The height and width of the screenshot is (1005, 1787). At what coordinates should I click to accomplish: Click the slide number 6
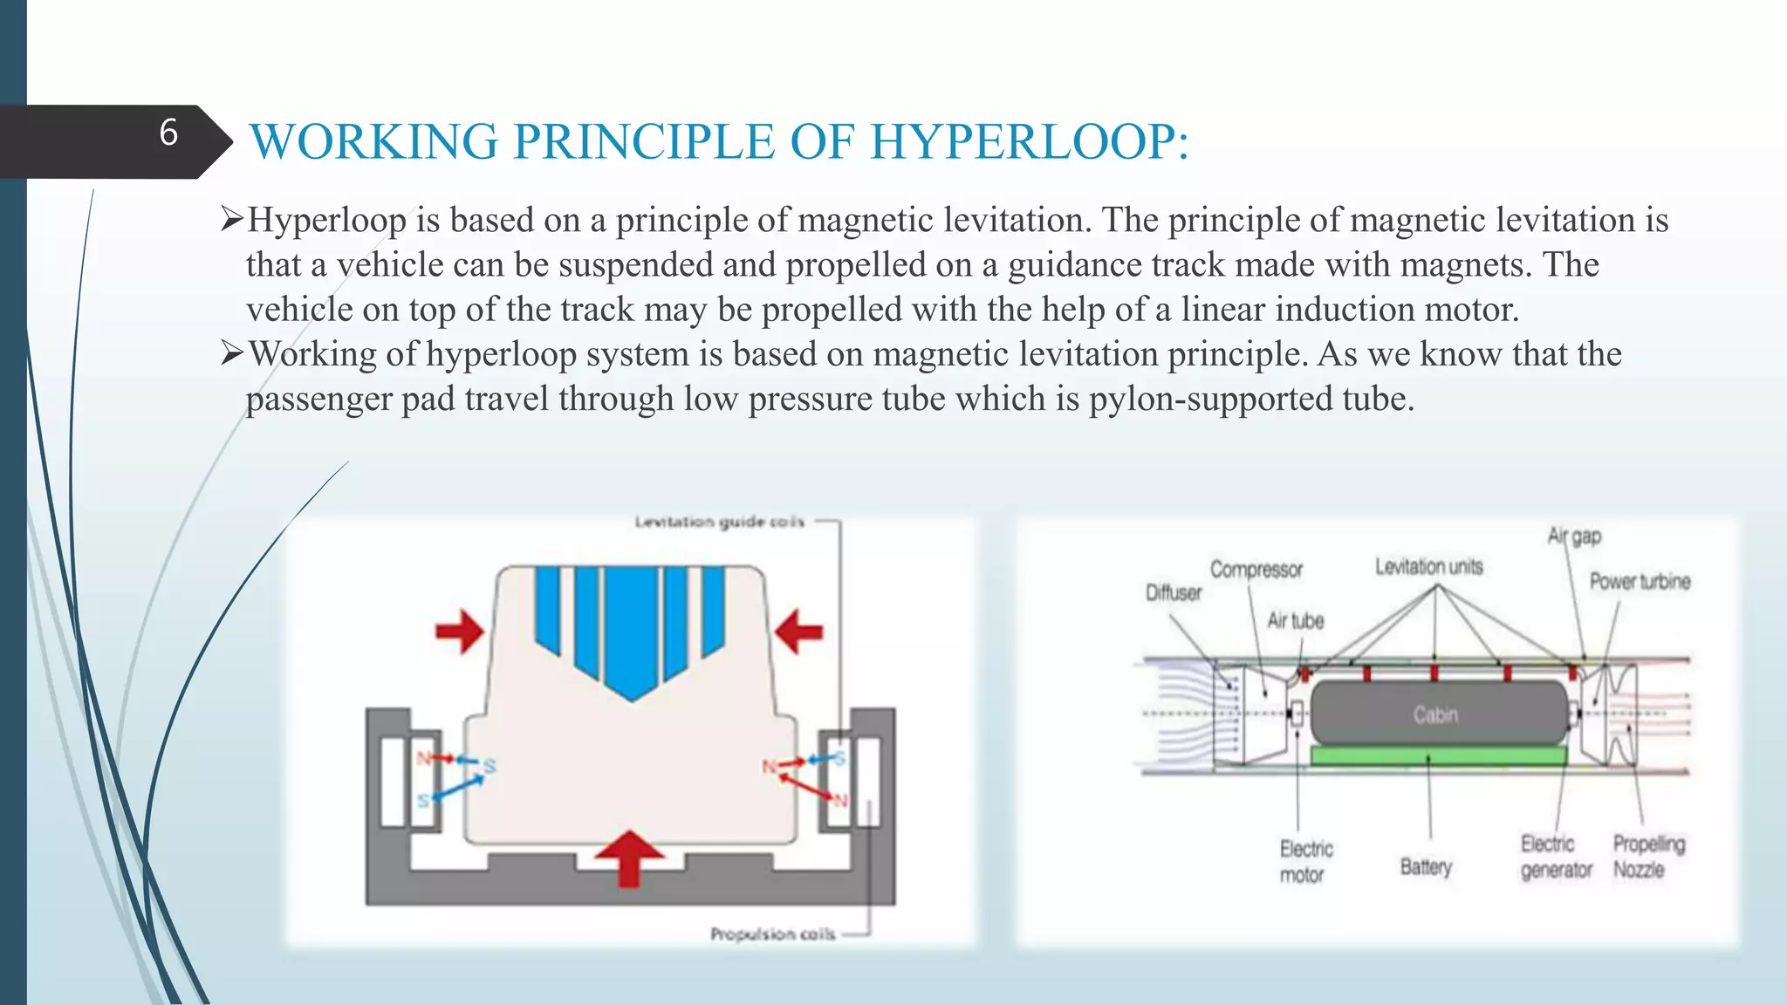tap(168, 133)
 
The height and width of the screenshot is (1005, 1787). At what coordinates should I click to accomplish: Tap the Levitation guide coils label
tap(719, 522)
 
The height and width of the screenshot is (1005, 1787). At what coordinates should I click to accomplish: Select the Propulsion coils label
tap(772, 934)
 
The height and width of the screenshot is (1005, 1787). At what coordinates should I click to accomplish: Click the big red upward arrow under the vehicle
tap(629, 856)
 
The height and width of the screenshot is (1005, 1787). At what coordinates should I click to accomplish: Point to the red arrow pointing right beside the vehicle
tap(460, 631)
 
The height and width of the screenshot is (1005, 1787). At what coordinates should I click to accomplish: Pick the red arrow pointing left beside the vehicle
tap(798, 631)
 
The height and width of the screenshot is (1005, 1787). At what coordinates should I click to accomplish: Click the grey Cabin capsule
tap(1436, 714)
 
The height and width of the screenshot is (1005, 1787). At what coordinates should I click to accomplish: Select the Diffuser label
tap(1173, 593)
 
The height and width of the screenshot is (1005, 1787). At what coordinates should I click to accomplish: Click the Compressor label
tap(1256, 570)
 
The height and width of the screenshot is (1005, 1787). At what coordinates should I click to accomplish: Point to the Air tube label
tap(1295, 621)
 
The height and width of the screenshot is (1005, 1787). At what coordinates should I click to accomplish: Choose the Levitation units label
tap(1428, 567)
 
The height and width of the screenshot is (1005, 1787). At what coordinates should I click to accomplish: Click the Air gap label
tap(1574, 536)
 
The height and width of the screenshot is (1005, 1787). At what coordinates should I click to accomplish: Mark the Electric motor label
tap(1305, 862)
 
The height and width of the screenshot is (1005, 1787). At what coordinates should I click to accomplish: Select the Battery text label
tap(1426, 867)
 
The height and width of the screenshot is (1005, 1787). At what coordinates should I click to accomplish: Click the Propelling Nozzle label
tap(1647, 857)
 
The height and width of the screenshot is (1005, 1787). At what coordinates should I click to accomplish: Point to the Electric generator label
tap(1555, 857)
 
